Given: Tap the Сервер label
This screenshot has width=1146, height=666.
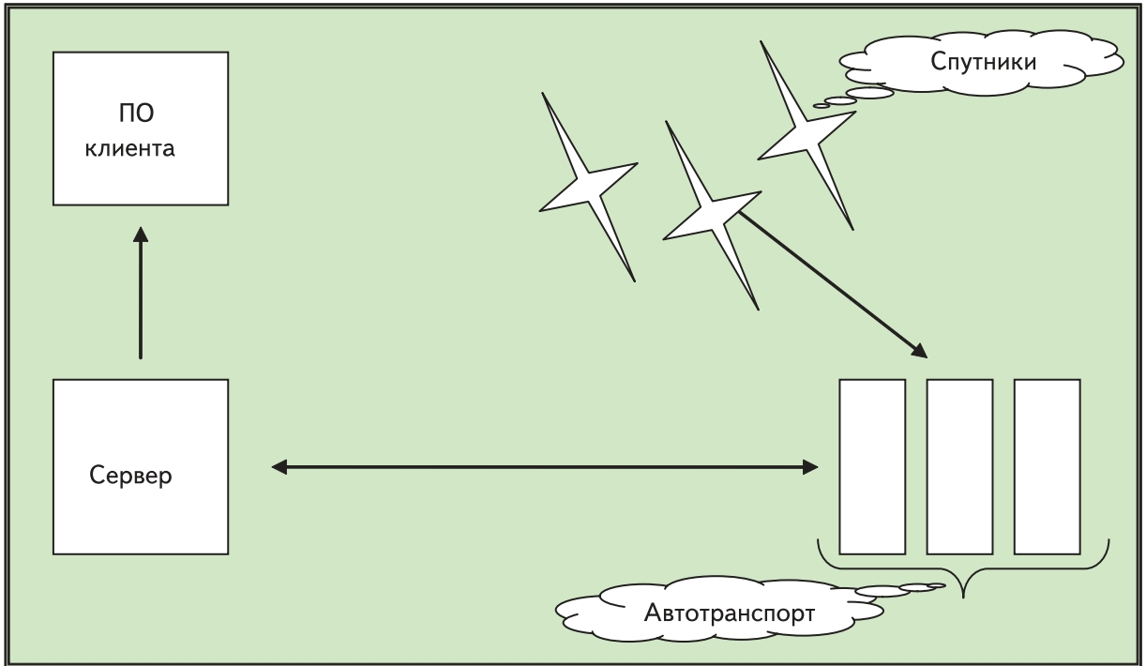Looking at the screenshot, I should (130, 475).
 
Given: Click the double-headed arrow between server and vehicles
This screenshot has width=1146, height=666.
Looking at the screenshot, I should (544, 466).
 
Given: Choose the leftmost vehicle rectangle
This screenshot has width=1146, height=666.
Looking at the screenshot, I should (872, 466).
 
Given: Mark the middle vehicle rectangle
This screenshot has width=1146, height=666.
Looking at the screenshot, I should (959, 466).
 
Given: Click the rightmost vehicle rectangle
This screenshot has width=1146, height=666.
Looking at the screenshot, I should (1047, 466).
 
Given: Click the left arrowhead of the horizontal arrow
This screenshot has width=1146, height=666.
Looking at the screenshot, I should (279, 466).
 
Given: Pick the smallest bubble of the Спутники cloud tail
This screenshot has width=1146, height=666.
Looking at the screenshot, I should (821, 106).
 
